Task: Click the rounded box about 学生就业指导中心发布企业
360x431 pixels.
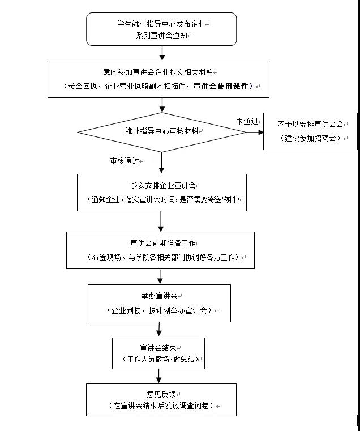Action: click(161, 29)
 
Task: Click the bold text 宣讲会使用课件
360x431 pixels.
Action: click(221, 87)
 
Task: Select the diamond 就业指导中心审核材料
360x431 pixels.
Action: click(162, 131)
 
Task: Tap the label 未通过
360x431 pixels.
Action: click(247, 121)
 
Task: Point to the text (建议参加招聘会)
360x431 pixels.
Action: click(310, 139)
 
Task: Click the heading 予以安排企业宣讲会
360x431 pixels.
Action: click(162, 185)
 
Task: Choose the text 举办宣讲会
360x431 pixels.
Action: click(159, 296)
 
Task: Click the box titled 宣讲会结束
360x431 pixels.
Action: click(158, 353)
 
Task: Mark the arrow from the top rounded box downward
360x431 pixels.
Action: click(162, 53)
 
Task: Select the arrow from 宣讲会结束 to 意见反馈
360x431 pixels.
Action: click(159, 376)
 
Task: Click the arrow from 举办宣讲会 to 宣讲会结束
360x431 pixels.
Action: click(159, 330)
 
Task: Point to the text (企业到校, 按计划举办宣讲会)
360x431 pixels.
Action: click(159, 310)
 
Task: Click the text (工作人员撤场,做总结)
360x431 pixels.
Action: click(158, 360)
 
